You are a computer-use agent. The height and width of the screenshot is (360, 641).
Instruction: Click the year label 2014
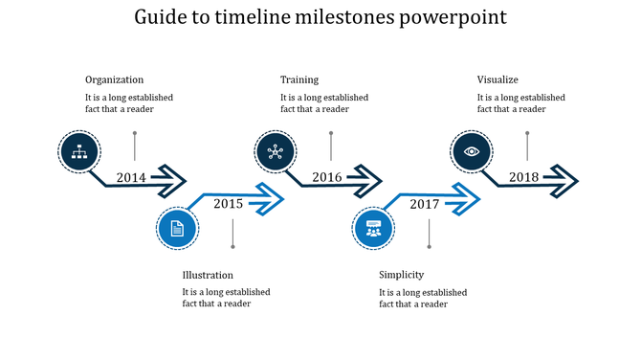131,177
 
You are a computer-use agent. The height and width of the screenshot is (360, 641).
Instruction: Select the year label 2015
228,203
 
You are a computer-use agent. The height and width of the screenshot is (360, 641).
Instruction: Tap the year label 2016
327,177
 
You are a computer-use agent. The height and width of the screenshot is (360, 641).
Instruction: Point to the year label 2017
424,204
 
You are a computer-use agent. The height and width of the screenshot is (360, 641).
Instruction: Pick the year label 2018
523,177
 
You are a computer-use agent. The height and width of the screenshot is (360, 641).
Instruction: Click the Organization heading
114,79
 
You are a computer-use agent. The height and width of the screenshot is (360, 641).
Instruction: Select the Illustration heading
208,275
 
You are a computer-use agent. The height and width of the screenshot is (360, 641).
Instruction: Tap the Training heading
299,79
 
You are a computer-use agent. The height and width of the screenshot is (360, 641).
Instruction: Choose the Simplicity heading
401,275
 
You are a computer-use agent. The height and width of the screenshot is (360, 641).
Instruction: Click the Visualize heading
497,79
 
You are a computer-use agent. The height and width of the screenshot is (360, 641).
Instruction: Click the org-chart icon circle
79,150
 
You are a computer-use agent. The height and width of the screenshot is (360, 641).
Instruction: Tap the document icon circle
177,228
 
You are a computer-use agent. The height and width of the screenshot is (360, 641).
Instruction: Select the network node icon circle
276,150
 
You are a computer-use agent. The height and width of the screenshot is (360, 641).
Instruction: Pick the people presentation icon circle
373,228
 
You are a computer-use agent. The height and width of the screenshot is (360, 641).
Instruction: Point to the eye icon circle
472,150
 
